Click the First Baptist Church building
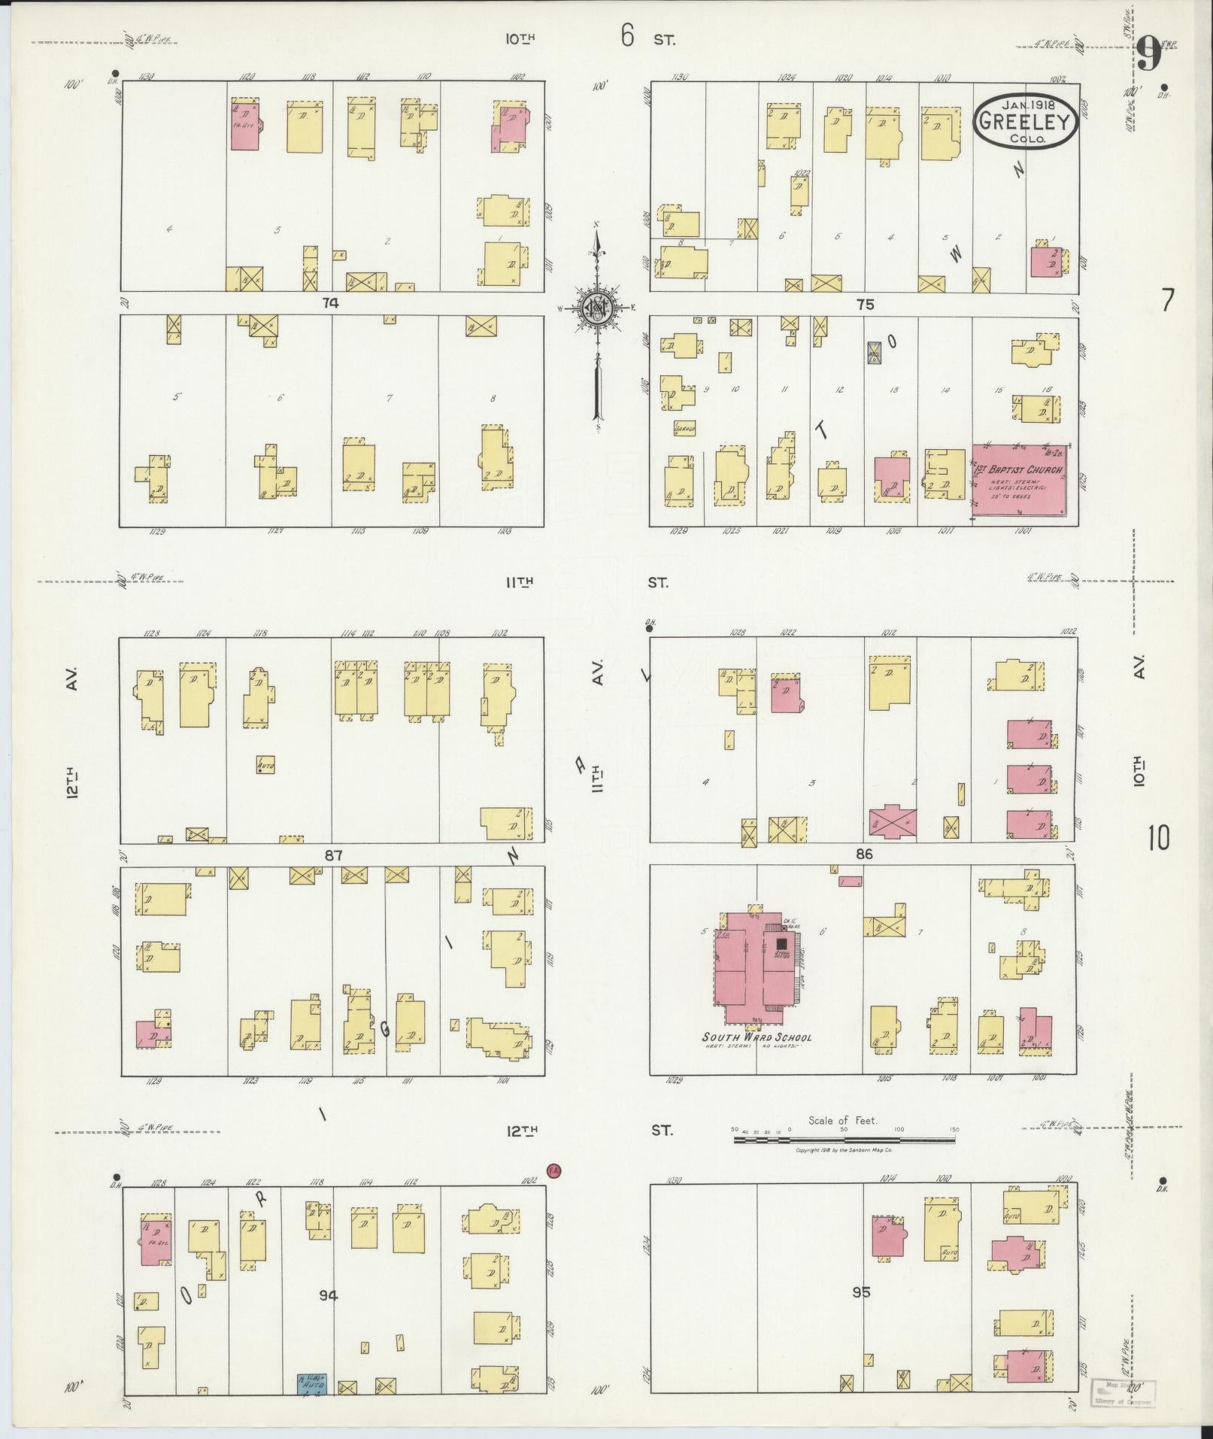[1020, 479]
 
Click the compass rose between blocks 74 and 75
[597, 308]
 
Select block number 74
[330, 303]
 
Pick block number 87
[333, 855]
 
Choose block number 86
[863, 854]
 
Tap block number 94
[328, 1295]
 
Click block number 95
[862, 1292]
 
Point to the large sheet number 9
[1148, 54]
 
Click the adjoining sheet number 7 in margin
[1166, 301]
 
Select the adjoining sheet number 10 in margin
[1159, 837]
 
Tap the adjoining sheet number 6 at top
[627, 35]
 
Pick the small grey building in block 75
[874, 352]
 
